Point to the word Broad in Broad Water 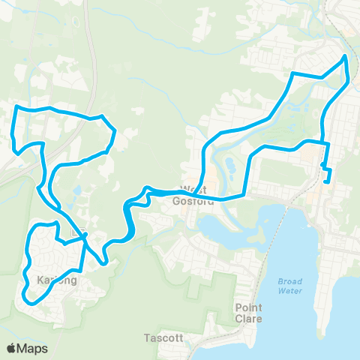coord(289,281)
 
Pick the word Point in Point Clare coord(248,308)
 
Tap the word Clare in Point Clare coord(248,319)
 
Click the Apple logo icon coord(12,348)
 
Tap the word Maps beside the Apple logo coord(34,348)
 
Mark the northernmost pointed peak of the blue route coord(345,55)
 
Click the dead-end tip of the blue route coord(326,181)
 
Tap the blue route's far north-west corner coord(17,108)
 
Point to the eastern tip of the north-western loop coord(115,133)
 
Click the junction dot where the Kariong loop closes coord(85,236)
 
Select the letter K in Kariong coord(40,280)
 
